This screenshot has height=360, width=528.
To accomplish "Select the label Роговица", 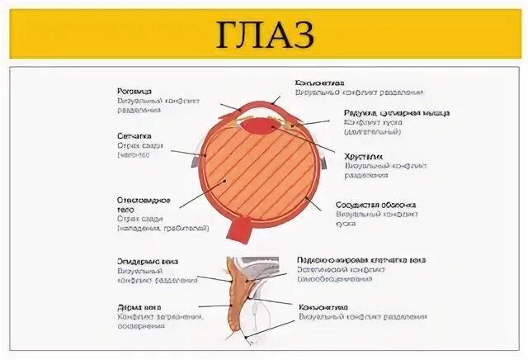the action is (134, 92).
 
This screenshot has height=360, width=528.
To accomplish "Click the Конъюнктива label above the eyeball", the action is (320, 83).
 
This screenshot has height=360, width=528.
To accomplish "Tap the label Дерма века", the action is (136, 306).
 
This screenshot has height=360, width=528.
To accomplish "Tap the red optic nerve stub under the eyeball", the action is (246, 226).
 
